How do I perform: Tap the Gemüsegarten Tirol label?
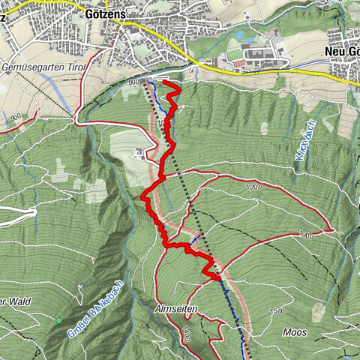pos(45,68)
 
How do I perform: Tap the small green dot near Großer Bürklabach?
pos(59,320)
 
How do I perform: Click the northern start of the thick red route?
pos(166,84)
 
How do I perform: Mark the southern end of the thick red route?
pos(218,277)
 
